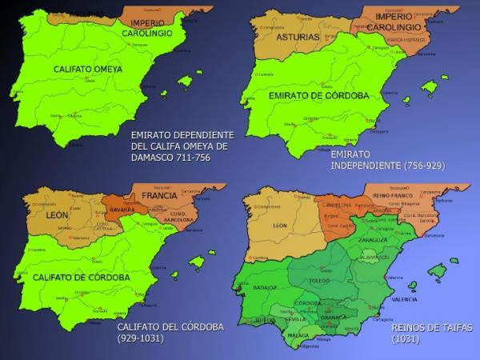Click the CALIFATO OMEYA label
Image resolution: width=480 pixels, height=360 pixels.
[88, 70]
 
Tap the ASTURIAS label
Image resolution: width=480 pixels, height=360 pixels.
[297, 37]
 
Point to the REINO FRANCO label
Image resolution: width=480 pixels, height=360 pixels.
[392, 194]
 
